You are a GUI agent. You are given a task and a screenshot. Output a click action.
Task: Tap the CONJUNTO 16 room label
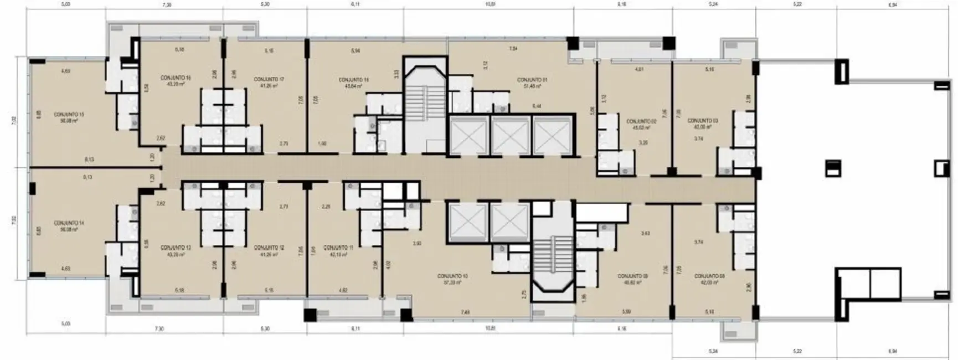tap(176, 78)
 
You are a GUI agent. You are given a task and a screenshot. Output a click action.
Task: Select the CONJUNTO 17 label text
tap(269, 79)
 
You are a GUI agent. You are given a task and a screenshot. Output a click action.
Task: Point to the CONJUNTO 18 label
tap(354, 80)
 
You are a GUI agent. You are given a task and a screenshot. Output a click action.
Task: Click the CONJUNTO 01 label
tap(532, 80)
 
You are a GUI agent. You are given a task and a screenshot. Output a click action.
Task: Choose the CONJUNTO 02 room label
tap(641, 121)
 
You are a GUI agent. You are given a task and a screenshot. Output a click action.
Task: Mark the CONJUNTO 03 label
tap(703, 120)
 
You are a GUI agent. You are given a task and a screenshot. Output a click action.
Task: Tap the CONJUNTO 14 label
tap(69, 223)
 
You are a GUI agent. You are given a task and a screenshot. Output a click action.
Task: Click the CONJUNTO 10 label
tap(452, 276)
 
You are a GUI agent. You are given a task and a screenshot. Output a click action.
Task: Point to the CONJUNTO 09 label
tap(633, 276)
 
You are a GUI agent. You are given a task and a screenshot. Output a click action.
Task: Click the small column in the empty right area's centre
tap(832, 168)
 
